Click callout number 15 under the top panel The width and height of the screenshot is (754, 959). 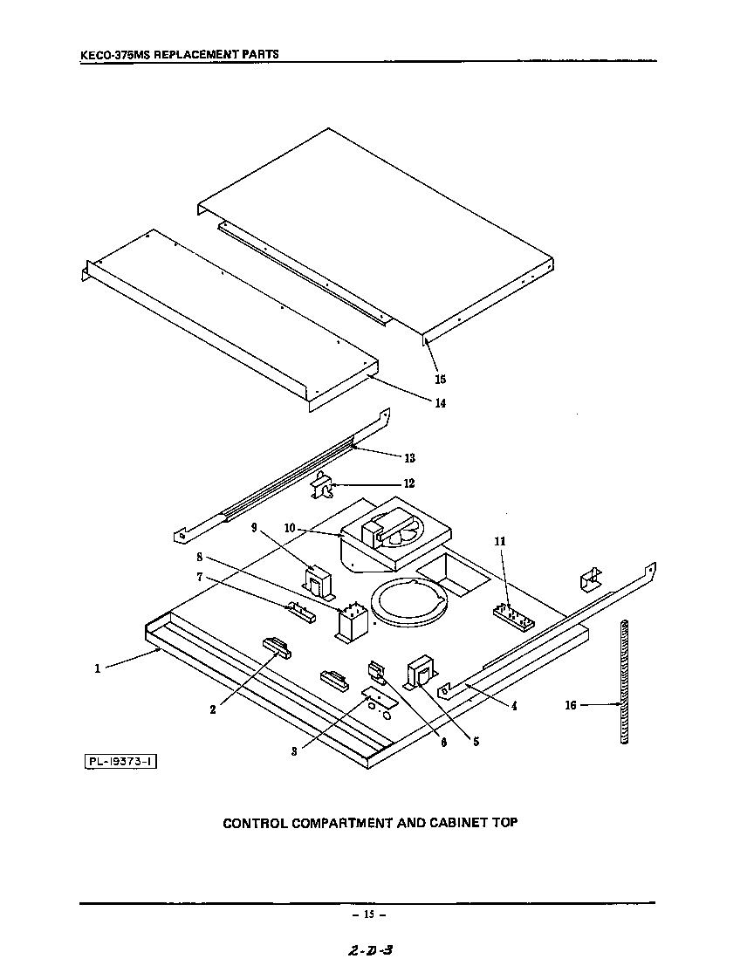click(x=441, y=379)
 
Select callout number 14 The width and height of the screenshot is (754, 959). click(x=441, y=403)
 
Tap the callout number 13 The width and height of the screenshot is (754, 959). click(x=409, y=458)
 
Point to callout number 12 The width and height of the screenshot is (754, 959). click(x=409, y=483)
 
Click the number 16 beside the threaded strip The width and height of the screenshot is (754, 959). click(x=570, y=705)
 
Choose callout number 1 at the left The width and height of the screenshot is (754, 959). click(x=98, y=668)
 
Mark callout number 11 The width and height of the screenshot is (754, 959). click(x=500, y=542)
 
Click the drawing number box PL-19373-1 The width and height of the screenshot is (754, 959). click(x=120, y=762)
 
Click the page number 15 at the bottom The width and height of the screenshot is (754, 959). click(x=368, y=914)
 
